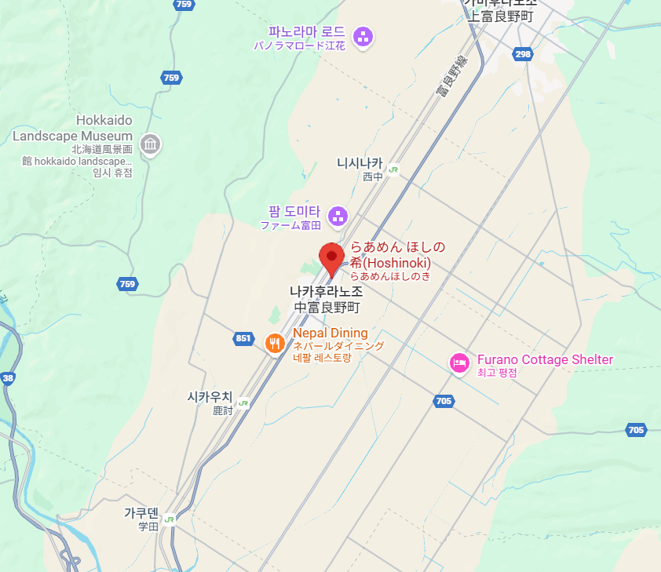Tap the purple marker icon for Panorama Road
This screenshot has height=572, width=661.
click(x=362, y=36)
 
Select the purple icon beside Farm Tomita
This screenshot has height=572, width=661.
click(x=338, y=215)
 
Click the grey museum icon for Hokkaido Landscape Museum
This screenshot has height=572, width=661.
click(x=150, y=144)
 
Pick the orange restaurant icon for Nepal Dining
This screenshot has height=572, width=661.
click(x=275, y=343)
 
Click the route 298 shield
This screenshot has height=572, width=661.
click(x=524, y=53)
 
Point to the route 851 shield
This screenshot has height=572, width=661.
click(x=243, y=339)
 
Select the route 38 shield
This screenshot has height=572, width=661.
click(x=9, y=378)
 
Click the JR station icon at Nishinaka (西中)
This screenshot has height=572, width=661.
click(x=393, y=168)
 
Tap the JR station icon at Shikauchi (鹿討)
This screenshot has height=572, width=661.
click(x=243, y=403)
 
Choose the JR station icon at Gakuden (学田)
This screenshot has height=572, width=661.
click(x=170, y=519)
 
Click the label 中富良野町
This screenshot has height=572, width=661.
click(x=326, y=307)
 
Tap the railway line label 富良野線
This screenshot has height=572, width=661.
click(x=451, y=78)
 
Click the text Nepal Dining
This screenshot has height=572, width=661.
click(x=330, y=333)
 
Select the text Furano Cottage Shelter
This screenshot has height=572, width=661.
click(x=545, y=359)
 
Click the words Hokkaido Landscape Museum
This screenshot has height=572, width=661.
click(x=72, y=128)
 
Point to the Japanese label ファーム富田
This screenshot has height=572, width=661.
click(x=291, y=226)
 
